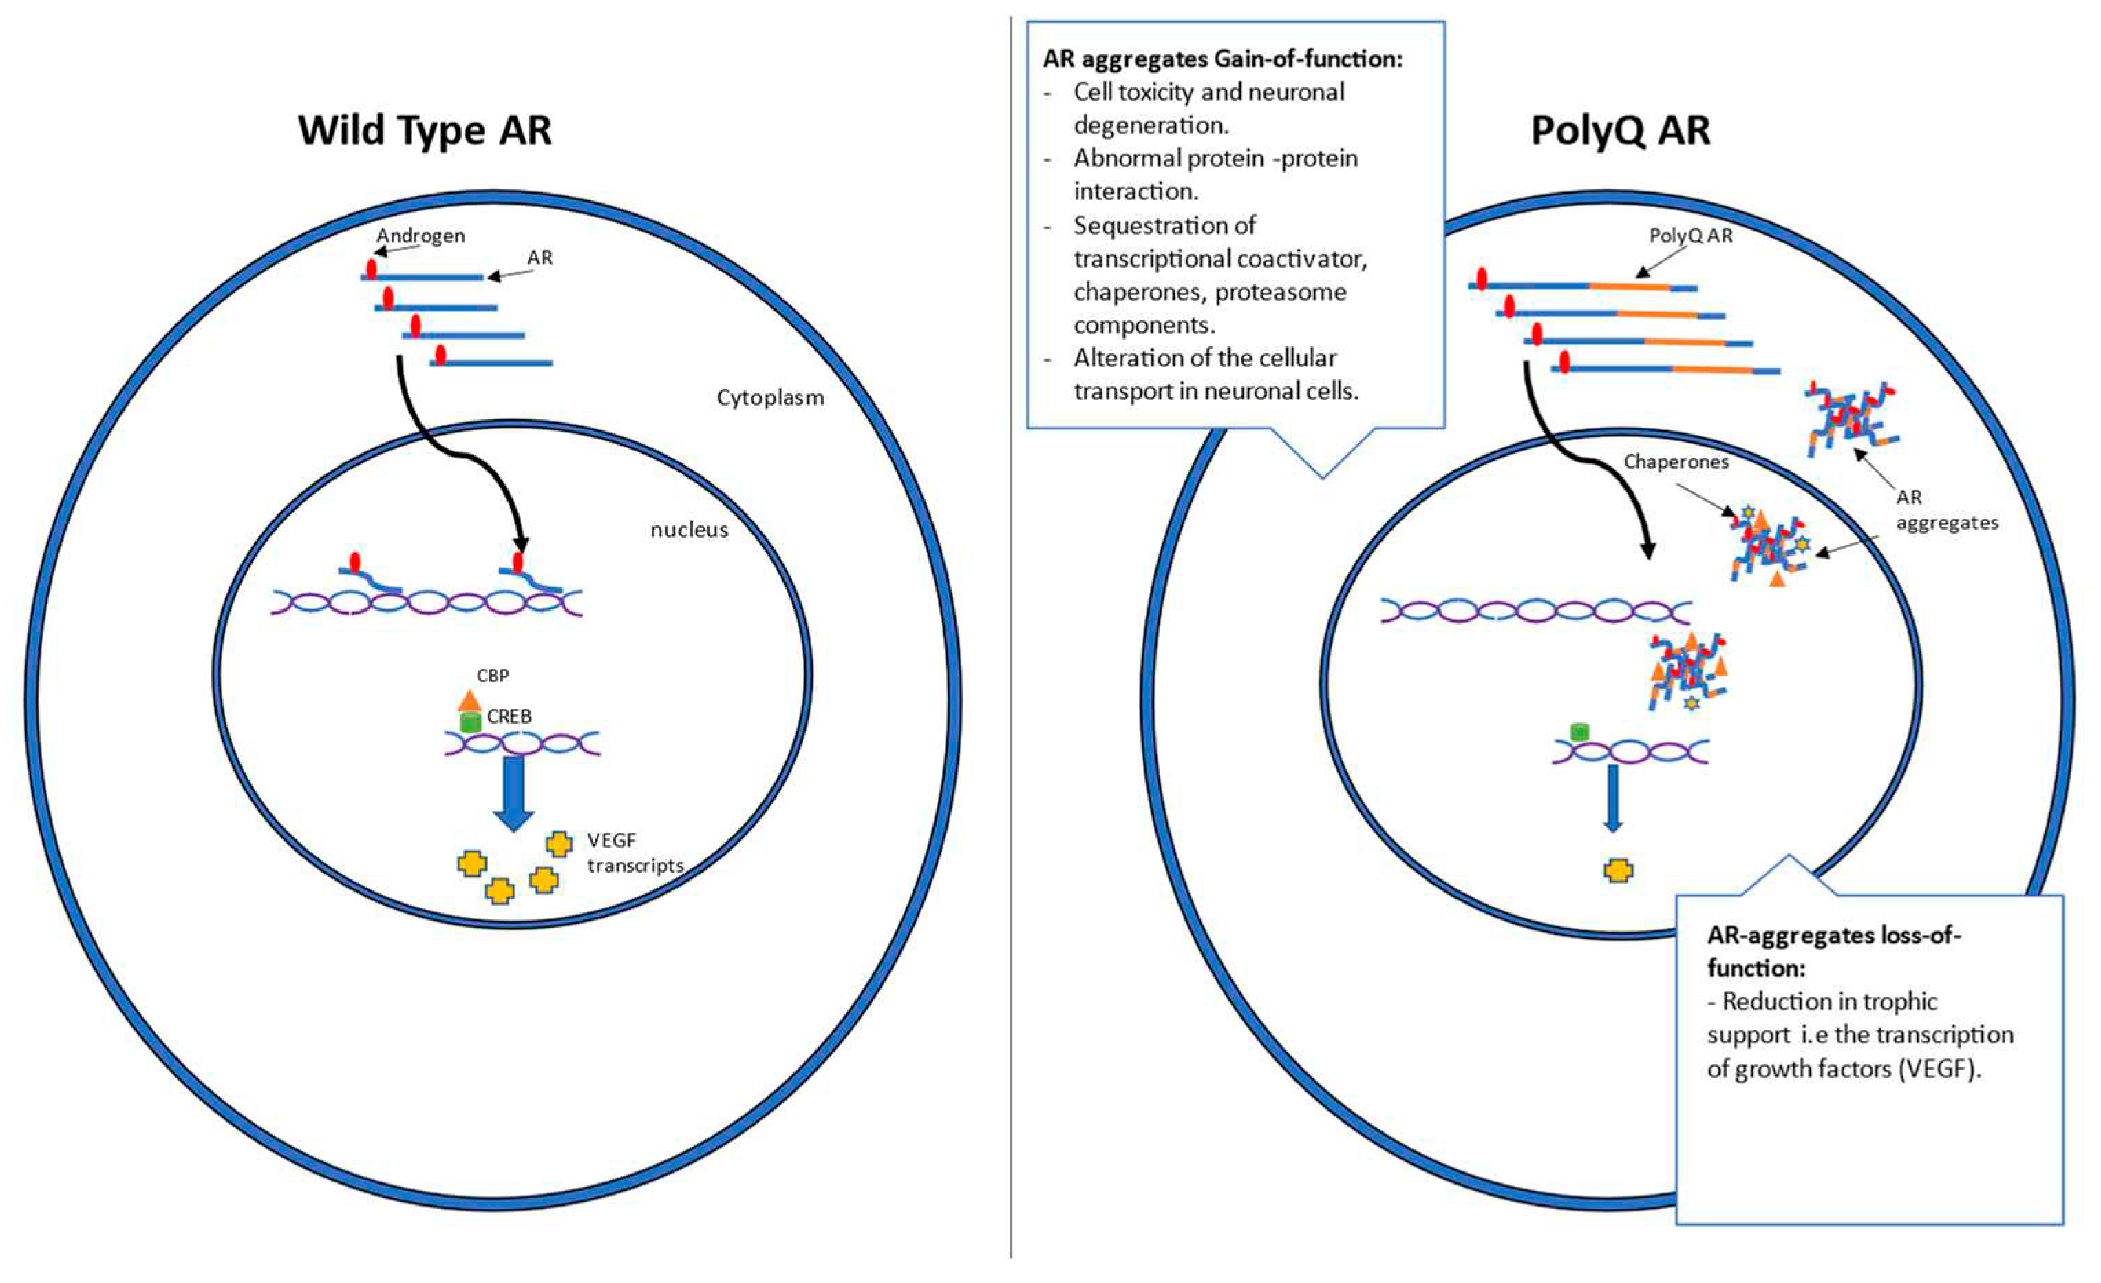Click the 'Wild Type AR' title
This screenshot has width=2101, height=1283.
[x=425, y=131]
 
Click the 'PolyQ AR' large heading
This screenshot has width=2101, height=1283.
[x=1620, y=131]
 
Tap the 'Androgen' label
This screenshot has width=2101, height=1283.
[x=421, y=236]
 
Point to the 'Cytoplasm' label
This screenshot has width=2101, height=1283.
[x=770, y=397]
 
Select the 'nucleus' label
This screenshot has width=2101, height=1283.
[x=689, y=530]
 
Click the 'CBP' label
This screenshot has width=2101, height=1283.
[x=493, y=676]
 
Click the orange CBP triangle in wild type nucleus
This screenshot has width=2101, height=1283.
[x=469, y=700]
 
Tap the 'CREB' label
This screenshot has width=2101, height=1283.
[x=509, y=717]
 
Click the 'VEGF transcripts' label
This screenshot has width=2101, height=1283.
[x=634, y=853]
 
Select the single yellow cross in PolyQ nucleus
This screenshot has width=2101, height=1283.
[x=1619, y=871]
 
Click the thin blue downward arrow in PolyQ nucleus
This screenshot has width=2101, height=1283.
[x=1612, y=797]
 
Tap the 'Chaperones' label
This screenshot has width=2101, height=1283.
[x=1676, y=462]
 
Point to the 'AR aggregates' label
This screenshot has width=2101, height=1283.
[x=1945, y=510]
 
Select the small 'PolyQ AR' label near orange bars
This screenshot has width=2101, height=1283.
[x=1690, y=236]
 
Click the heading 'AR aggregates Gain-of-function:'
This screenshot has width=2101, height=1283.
[x=1222, y=59]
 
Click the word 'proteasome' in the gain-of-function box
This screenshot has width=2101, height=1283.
[x=1281, y=292]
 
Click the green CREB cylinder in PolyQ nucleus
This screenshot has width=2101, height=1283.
[x=1579, y=732]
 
